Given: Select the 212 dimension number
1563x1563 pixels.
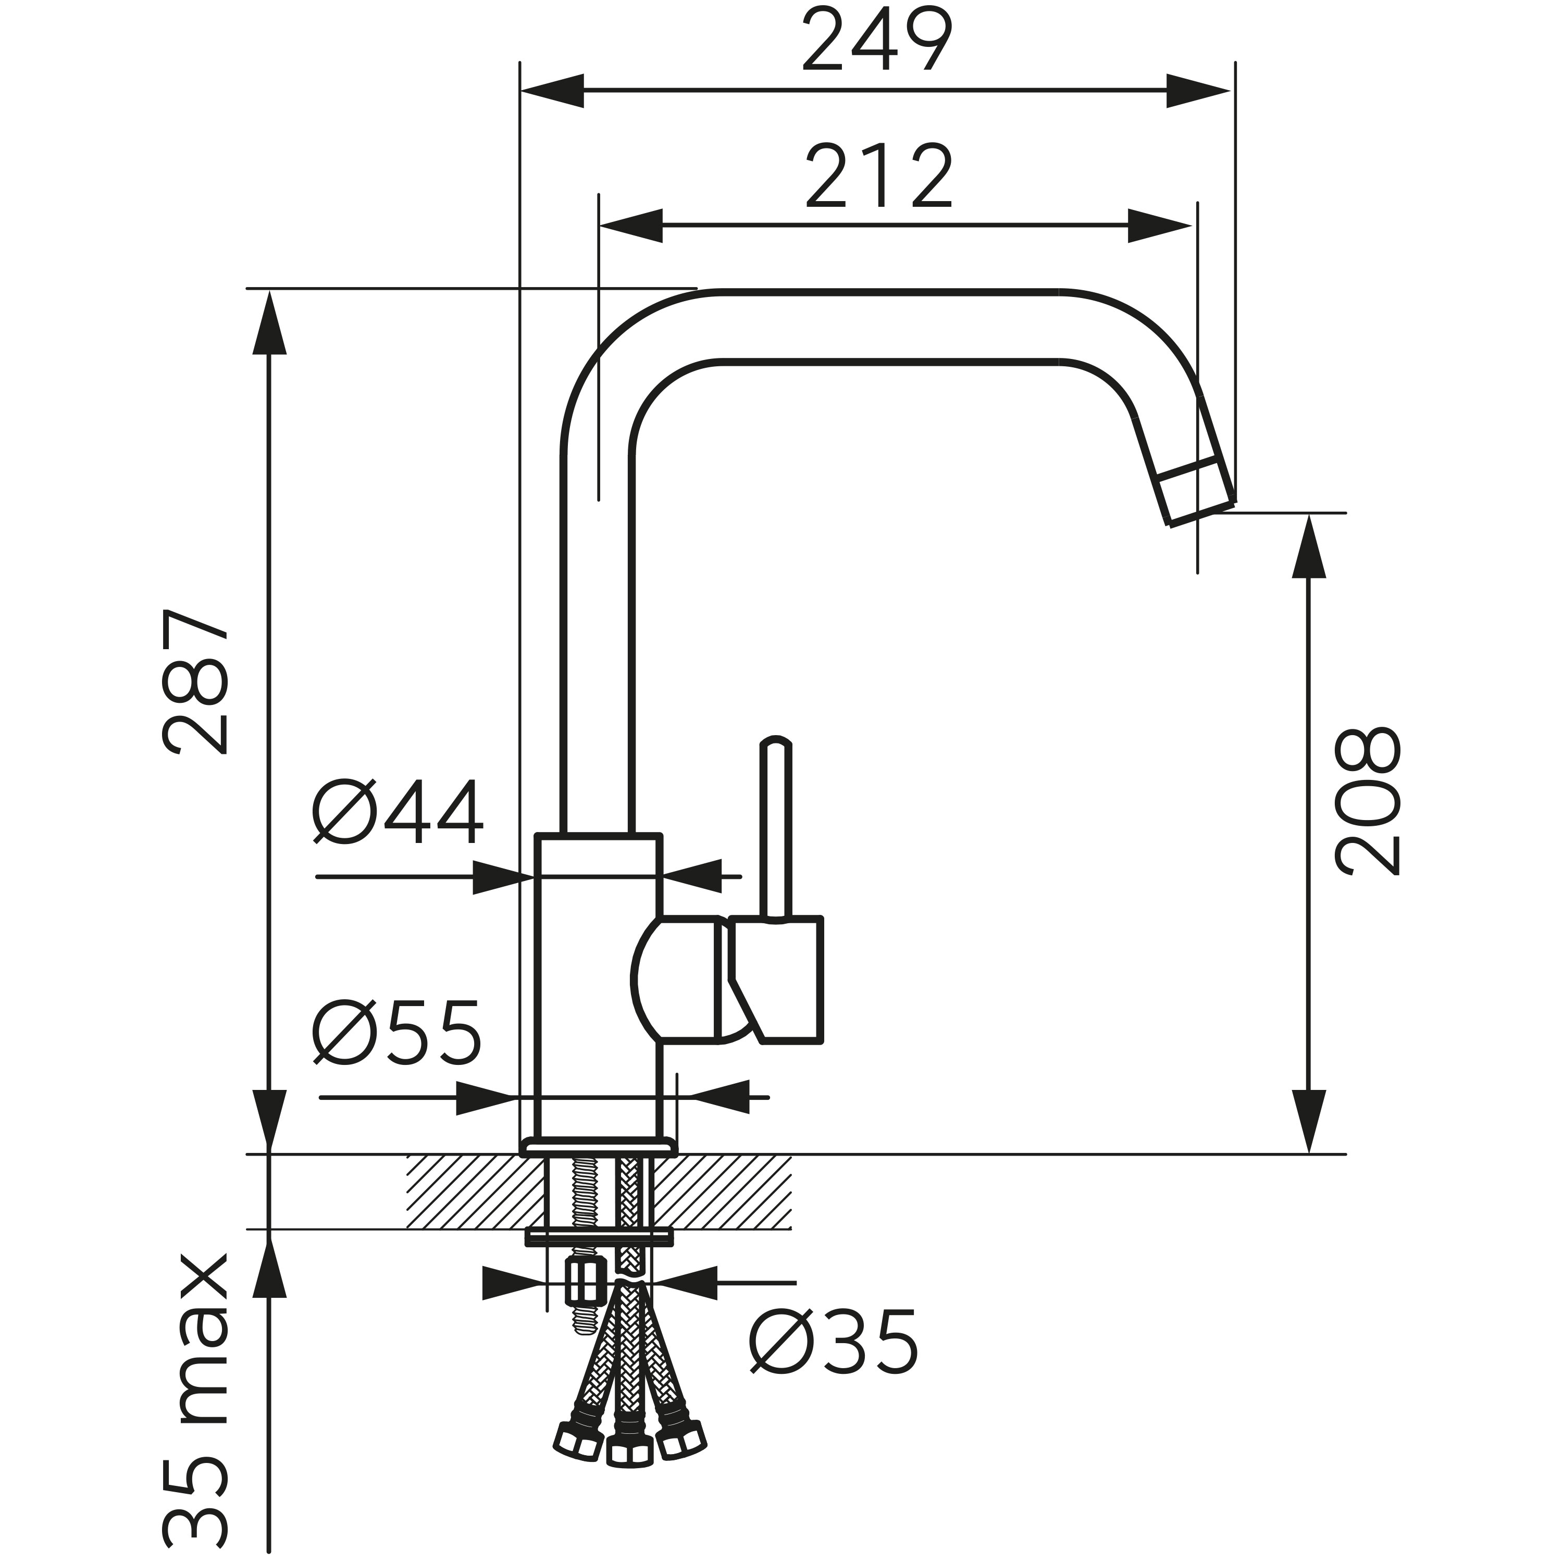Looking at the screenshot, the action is (x=879, y=177).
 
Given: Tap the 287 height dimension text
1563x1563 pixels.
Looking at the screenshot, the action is (x=196, y=682).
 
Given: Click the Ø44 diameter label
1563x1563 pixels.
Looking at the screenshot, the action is (x=398, y=812).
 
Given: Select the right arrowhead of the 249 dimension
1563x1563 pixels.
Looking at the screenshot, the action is (x=1199, y=91).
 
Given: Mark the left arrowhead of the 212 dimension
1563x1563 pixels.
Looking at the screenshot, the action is (x=630, y=226).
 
